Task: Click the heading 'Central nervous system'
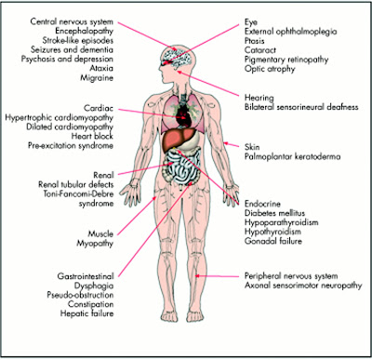72,21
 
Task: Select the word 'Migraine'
97,77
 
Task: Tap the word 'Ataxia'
101,68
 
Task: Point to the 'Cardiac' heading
99,108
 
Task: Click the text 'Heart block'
92,136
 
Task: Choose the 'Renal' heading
103,175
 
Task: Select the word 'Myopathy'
95,244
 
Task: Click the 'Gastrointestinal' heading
86,276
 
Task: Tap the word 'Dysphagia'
94,286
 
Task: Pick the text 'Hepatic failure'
86,313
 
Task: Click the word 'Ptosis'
255,41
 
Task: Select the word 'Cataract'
259,50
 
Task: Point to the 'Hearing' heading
259,98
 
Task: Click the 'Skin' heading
252,147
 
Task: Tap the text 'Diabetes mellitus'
274,213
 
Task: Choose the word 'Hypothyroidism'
272,232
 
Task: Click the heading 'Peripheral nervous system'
291,276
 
